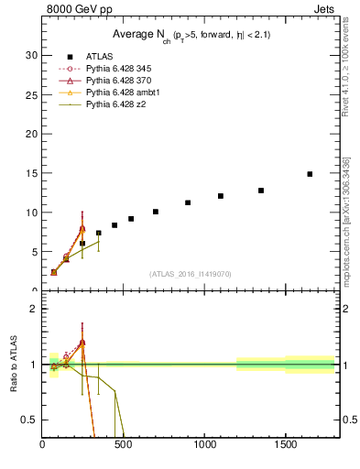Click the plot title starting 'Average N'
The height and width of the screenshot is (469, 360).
tap(191, 34)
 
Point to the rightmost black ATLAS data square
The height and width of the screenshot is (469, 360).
tap(310, 174)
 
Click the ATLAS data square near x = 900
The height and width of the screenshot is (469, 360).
tap(188, 202)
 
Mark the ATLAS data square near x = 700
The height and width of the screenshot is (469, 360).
tap(156, 212)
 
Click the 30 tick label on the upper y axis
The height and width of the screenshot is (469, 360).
tap(30, 55)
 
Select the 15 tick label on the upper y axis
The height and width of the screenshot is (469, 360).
tap(30, 173)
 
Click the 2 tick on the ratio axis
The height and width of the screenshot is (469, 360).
tap(33, 309)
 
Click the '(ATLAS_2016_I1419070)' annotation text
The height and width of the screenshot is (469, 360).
tap(191, 273)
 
